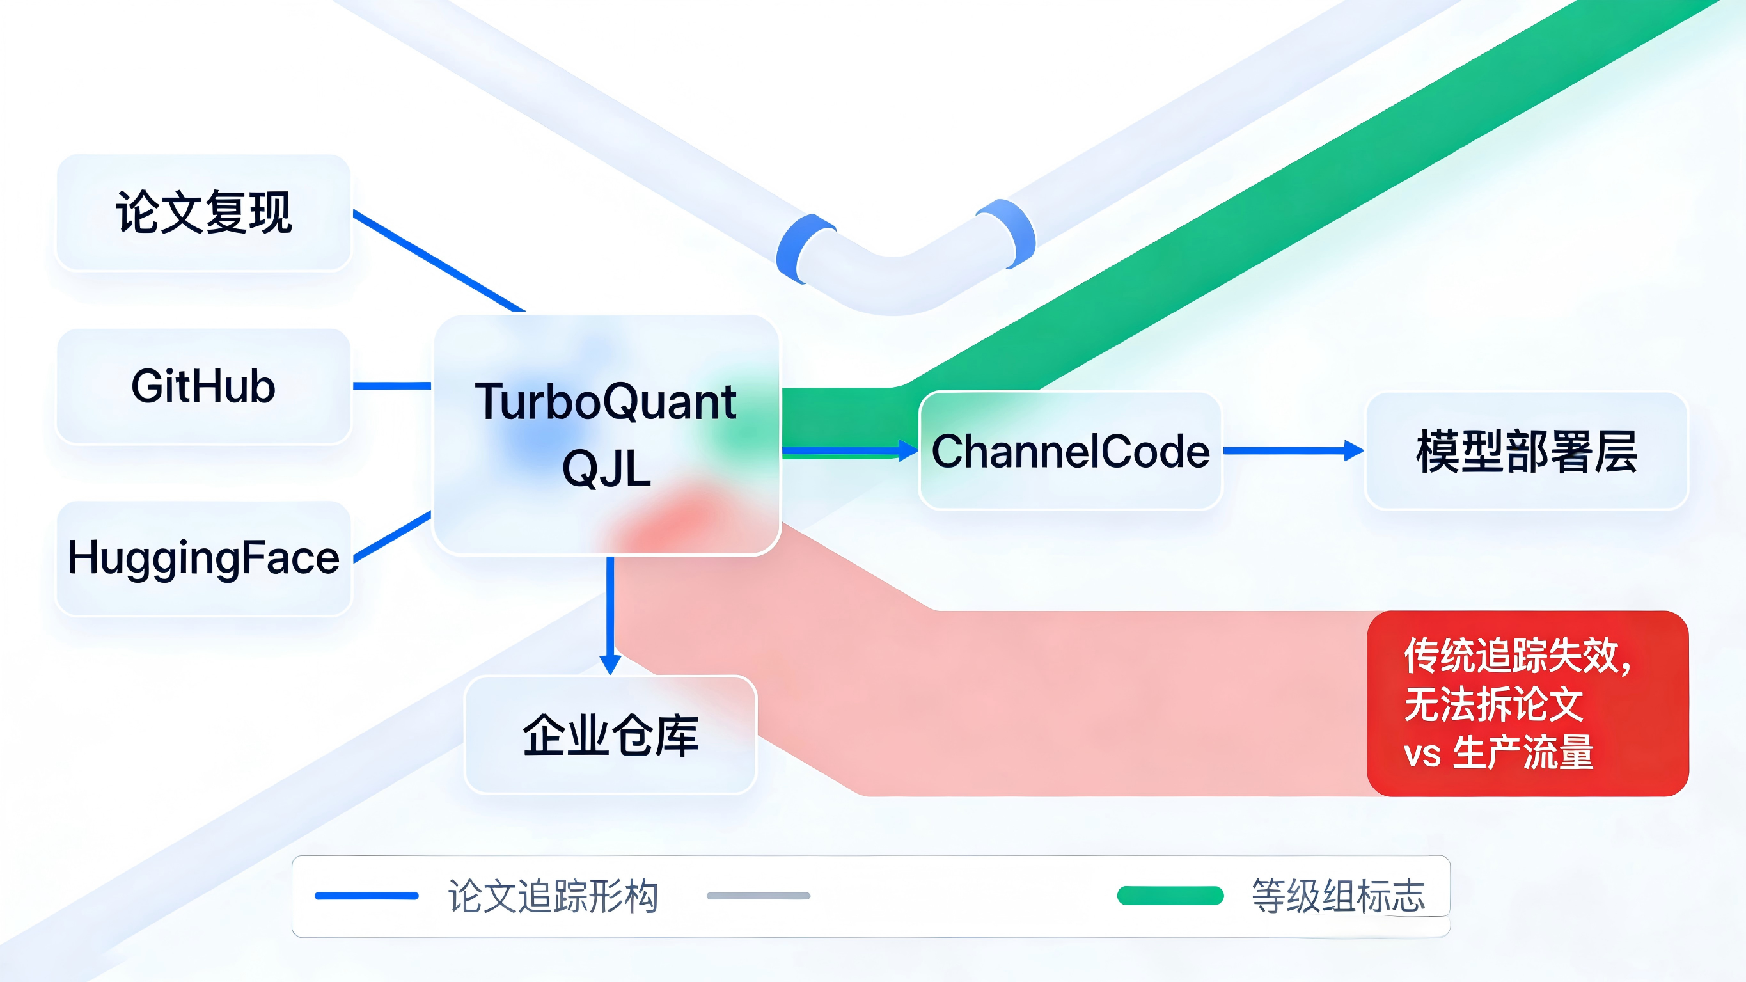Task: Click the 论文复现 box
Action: [x=203, y=213]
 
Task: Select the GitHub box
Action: [x=203, y=386]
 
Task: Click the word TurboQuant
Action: [x=605, y=402]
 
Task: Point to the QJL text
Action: [x=607, y=468]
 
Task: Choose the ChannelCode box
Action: [x=1070, y=451]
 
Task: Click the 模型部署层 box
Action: [x=1527, y=451]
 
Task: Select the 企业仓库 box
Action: [x=610, y=735]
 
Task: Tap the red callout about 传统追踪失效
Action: [x=1527, y=703]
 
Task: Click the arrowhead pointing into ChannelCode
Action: [x=908, y=450]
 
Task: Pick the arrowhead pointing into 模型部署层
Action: [x=1353, y=450]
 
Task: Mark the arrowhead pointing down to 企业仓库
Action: [x=610, y=664]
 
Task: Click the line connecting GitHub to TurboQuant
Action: [x=392, y=386]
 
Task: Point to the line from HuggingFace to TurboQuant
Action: [x=392, y=537]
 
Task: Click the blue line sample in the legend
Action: [x=366, y=896]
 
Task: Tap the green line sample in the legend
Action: [x=1170, y=896]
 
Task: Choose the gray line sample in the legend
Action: [x=758, y=896]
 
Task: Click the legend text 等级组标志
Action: [x=1338, y=896]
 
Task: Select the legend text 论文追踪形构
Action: [x=553, y=896]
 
